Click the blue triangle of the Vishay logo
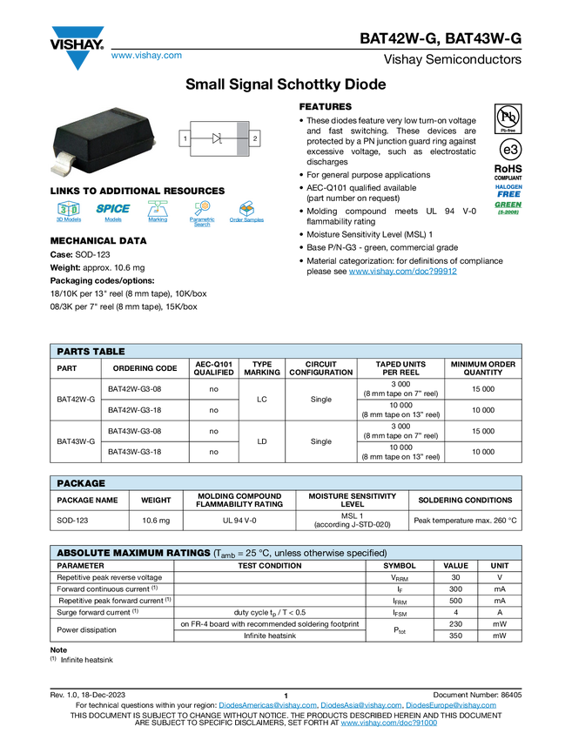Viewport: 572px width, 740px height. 78,61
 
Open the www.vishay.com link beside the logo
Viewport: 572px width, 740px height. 146,56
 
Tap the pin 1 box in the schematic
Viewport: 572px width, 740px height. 185,138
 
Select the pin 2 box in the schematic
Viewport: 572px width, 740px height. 254,138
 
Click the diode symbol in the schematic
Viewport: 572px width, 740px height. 218,138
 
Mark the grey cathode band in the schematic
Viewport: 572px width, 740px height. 242,138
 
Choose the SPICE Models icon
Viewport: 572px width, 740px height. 112,213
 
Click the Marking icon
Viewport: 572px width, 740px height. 158,213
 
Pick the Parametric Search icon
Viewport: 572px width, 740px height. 202,213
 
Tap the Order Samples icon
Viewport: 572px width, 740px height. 246,213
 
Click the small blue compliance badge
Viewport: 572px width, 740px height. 508,191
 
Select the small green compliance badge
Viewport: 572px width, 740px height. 508,208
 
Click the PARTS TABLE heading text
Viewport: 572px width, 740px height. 91,352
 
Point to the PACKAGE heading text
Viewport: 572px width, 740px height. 81,483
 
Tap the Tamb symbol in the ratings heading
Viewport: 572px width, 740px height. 226,554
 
